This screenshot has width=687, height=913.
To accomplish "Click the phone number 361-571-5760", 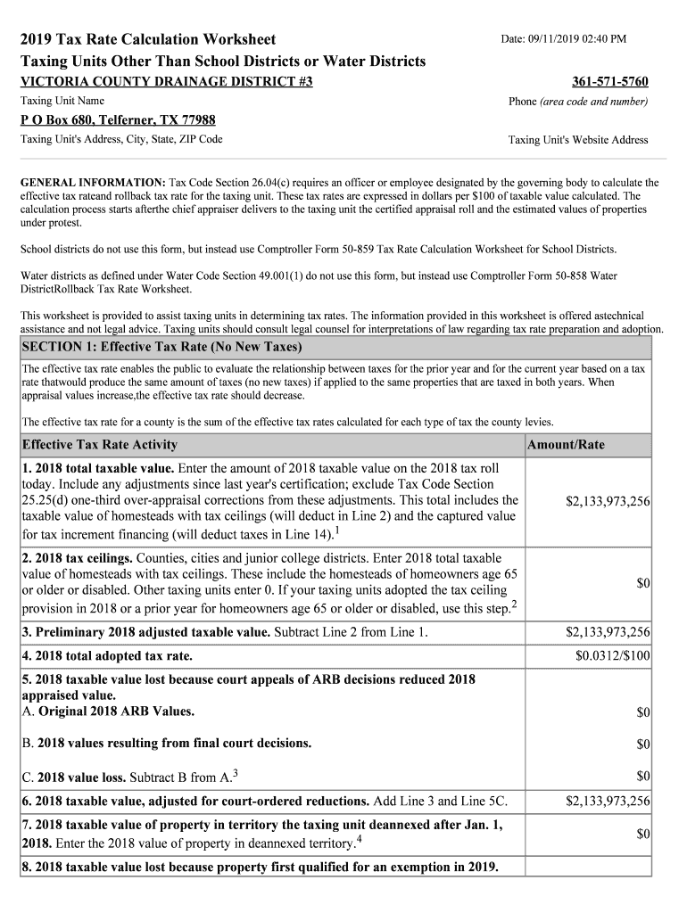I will coord(609,82).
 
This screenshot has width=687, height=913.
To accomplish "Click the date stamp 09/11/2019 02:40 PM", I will coord(563,39).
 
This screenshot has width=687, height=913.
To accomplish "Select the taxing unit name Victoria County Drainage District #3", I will coord(167,82).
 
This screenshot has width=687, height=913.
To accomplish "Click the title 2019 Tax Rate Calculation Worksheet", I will coord(148,39).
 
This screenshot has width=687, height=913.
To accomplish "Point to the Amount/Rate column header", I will coord(566,445).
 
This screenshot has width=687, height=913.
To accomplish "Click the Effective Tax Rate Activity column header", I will coord(99,445).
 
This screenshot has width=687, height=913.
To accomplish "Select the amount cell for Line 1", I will coord(608,502).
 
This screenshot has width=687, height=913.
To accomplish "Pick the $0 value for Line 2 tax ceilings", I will coord(642,583).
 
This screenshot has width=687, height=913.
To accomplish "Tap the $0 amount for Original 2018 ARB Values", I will coord(642,712).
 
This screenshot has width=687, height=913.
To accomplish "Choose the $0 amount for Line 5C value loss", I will coord(642,776).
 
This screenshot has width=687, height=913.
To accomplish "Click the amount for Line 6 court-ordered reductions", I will coord(608,801).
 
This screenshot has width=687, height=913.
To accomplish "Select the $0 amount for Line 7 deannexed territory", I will coord(642,834).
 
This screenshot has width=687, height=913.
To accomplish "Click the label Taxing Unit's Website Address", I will coord(578,140).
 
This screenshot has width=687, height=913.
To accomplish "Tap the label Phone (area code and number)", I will coord(578,102).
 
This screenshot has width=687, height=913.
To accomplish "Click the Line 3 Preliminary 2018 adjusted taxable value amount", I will coord(608,633).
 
